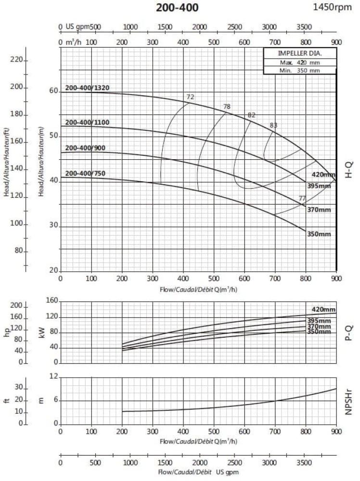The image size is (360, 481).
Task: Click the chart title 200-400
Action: pos(177,8)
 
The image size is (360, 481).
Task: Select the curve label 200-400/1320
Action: pos(87,88)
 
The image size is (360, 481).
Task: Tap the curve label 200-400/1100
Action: pos(87,123)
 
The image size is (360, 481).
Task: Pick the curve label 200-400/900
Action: pos(86,148)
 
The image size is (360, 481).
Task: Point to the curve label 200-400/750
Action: pos(86,173)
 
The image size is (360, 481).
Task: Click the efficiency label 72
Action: pos(190,97)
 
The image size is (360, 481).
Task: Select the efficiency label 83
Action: pos(273,126)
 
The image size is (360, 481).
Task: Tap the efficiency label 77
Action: pos(302,198)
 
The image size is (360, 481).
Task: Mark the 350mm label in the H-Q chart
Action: pos(319,234)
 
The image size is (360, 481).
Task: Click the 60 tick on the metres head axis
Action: pos(53,91)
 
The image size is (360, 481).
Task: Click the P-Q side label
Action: pos(350,332)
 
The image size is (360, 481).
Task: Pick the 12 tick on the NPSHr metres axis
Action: pos(54,378)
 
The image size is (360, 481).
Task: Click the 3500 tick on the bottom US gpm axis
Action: pos(305,463)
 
